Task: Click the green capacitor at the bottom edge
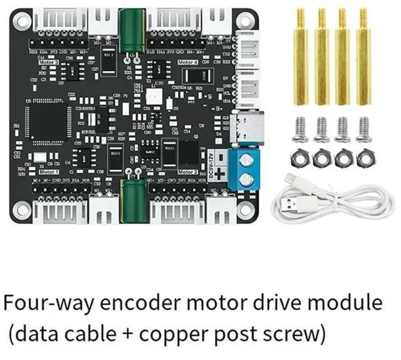[133, 197]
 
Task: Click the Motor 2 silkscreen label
[187, 171]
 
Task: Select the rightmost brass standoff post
[363, 58]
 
